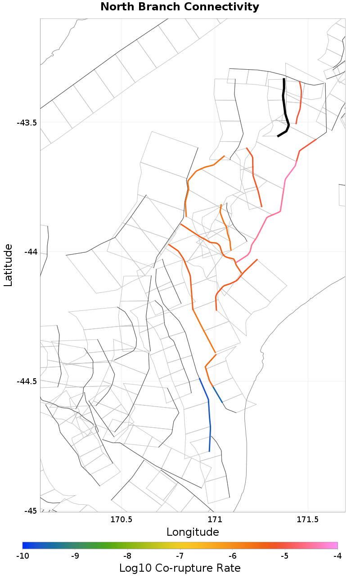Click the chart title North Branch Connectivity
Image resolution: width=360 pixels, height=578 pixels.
pyautogui.click(x=180, y=7)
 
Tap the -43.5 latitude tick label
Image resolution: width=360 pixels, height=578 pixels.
pyautogui.click(x=27, y=123)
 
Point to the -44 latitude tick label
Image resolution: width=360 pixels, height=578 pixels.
pyautogui.click(x=30, y=252)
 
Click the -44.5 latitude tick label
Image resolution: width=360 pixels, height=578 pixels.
pyautogui.click(x=27, y=381)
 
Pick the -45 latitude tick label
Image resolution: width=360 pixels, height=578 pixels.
pyautogui.click(x=30, y=511)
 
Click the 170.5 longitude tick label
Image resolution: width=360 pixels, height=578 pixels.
pyautogui.click(x=121, y=520)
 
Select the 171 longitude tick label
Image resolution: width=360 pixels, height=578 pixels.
pyautogui.click(x=215, y=520)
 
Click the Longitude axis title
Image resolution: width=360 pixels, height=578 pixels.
pyautogui.click(x=193, y=532)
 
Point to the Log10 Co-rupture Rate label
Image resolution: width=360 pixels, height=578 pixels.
pyautogui.click(x=180, y=568)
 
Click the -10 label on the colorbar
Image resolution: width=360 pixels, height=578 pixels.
pyautogui.click(x=22, y=556)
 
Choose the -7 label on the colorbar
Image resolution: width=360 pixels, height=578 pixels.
pyautogui.click(x=180, y=556)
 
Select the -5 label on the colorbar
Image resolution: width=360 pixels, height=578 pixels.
pyautogui.click(x=285, y=556)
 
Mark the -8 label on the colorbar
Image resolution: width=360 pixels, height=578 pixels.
pyautogui.click(x=127, y=556)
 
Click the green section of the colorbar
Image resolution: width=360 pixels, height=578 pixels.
pyautogui.click(x=117, y=545)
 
